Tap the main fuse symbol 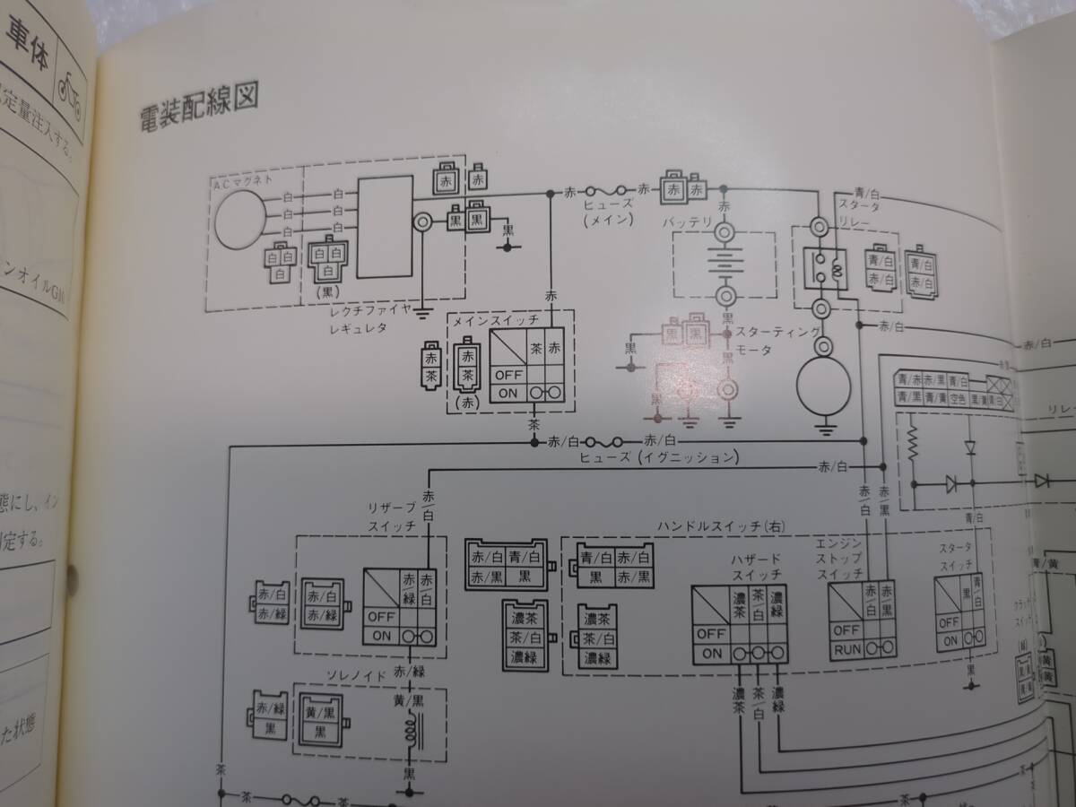tap(610, 191)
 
